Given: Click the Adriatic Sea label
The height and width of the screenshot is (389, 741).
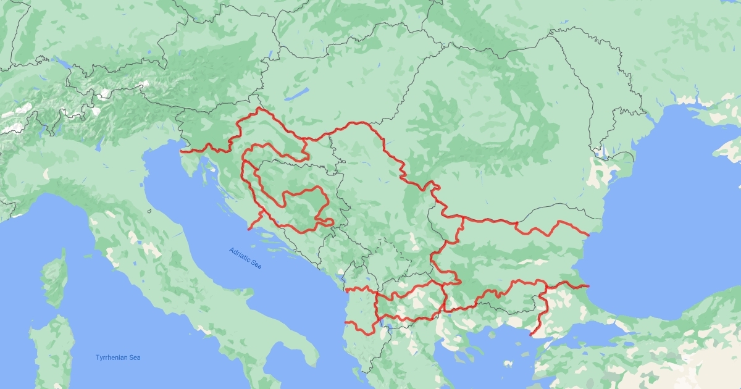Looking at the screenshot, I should (x=245, y=258).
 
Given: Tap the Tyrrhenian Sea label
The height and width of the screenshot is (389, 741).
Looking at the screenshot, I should (x=118, y=358).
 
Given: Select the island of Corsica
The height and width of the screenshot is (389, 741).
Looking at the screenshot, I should (x=55, y=277).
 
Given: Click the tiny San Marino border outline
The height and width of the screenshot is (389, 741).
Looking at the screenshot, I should (x=149, y=211).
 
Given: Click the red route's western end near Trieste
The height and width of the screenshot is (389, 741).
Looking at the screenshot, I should (x=181, y=151).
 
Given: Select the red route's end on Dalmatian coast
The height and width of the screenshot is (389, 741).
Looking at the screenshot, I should (x=249, y=229).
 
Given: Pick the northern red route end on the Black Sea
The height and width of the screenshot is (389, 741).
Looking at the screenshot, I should (x=588, y=235).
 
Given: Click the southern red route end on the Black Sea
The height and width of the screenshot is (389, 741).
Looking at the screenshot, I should (x=588, y=286).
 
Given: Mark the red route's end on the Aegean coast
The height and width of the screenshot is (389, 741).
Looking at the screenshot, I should (x=530, y=335).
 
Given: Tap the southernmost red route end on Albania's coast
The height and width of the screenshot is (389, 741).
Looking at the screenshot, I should (x=346, y=322).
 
